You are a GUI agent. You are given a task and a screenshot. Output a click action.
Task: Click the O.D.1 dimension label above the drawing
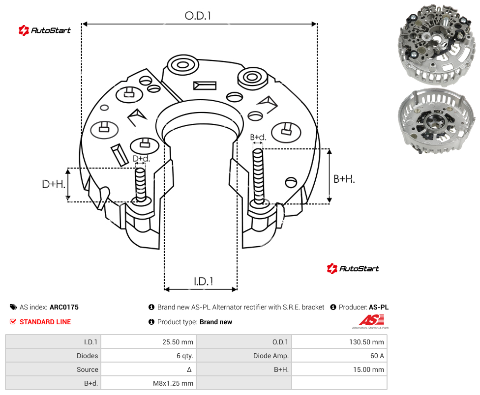pyautogui.click(x=198, y=16)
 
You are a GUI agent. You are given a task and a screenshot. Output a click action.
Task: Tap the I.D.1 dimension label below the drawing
pyautogui.click(x=204, y=282)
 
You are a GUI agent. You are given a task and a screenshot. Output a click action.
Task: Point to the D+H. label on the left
pyautogui.click(x=54, y=184)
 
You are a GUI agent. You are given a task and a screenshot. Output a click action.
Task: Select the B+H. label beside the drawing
pyautogui.click(x=344, y=178)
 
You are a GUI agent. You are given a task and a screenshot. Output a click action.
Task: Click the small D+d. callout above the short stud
pyautogui.click(x=141, y=158)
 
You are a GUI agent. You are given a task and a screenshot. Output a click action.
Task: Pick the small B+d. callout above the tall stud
pyautogui.click(x=258, y=137)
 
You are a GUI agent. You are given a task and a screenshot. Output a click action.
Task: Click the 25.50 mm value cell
pyautogui.click(x=178, y=342)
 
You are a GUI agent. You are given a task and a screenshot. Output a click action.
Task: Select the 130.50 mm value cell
pyautogui.click(x=366, y=342)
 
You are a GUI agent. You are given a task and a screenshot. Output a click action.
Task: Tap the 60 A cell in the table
pyautogui.click(x=377, y=356)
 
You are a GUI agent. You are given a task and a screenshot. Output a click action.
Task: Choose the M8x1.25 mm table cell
pyautogui.click(x=173, y=383)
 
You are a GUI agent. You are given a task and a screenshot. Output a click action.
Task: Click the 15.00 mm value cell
pyautogui.click(x=368, y=369)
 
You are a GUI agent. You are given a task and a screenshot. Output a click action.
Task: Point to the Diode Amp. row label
pyautogui.click(x=270, y=356)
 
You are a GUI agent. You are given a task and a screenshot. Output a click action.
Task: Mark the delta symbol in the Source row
pyautogui.click(x=189, y=369)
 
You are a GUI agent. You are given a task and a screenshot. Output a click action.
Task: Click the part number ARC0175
pyautogui.click(x=64, y=307)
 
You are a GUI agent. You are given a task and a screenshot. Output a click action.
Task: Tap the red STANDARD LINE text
pyautogui.click(x=45, y=322)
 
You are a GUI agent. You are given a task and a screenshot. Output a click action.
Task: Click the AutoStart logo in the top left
pyautogui.click(x=44, y=30)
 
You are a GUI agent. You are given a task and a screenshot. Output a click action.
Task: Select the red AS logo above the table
pyautogui.click(x=371, y=322)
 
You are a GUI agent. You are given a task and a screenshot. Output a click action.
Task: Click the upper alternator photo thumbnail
pyautogui.click(x=436, y=45)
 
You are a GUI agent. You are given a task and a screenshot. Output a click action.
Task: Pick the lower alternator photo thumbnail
pyautogui.click(x=436, y=121)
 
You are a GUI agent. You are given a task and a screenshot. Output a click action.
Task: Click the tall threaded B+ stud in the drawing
pyautogui.click(x=258, y=176)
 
